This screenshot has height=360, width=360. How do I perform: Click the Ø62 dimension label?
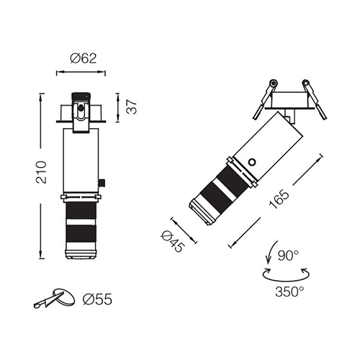coord(83,58)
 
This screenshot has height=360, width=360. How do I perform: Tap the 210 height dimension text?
coord(41,172)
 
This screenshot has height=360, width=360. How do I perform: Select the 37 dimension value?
coord(132,107)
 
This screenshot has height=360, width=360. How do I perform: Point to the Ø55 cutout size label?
coord(97,300)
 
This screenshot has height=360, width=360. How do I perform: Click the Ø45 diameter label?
coord(173,241)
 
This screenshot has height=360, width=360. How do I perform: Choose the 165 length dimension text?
coord(279,199)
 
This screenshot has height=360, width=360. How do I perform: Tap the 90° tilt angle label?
coord(288,256)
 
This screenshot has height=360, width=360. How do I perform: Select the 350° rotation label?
coord(289,292)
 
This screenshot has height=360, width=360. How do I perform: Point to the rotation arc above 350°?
coord(286,280)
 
